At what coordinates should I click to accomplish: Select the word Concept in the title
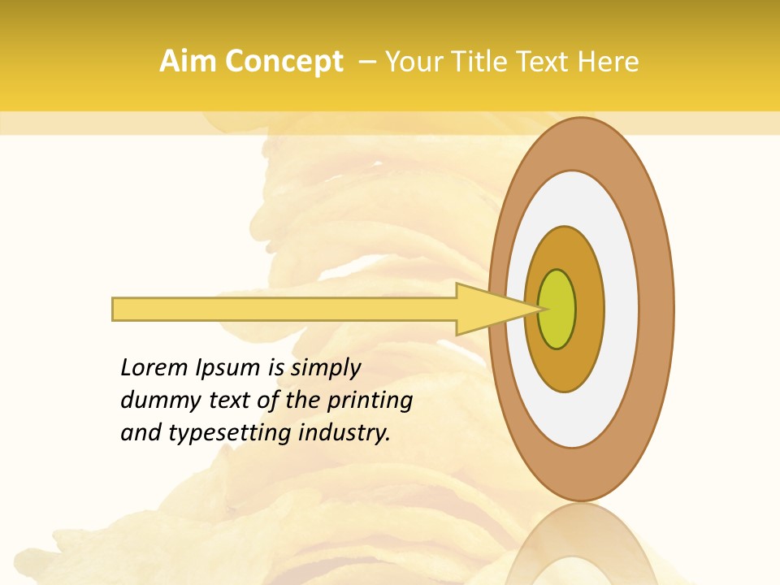click(x=284, y=62)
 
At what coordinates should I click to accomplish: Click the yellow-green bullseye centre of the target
click(x=557, y=309)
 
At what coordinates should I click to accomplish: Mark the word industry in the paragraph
click(x=344, y=433)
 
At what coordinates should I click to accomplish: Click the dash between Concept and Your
click(x=366, y=62)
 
